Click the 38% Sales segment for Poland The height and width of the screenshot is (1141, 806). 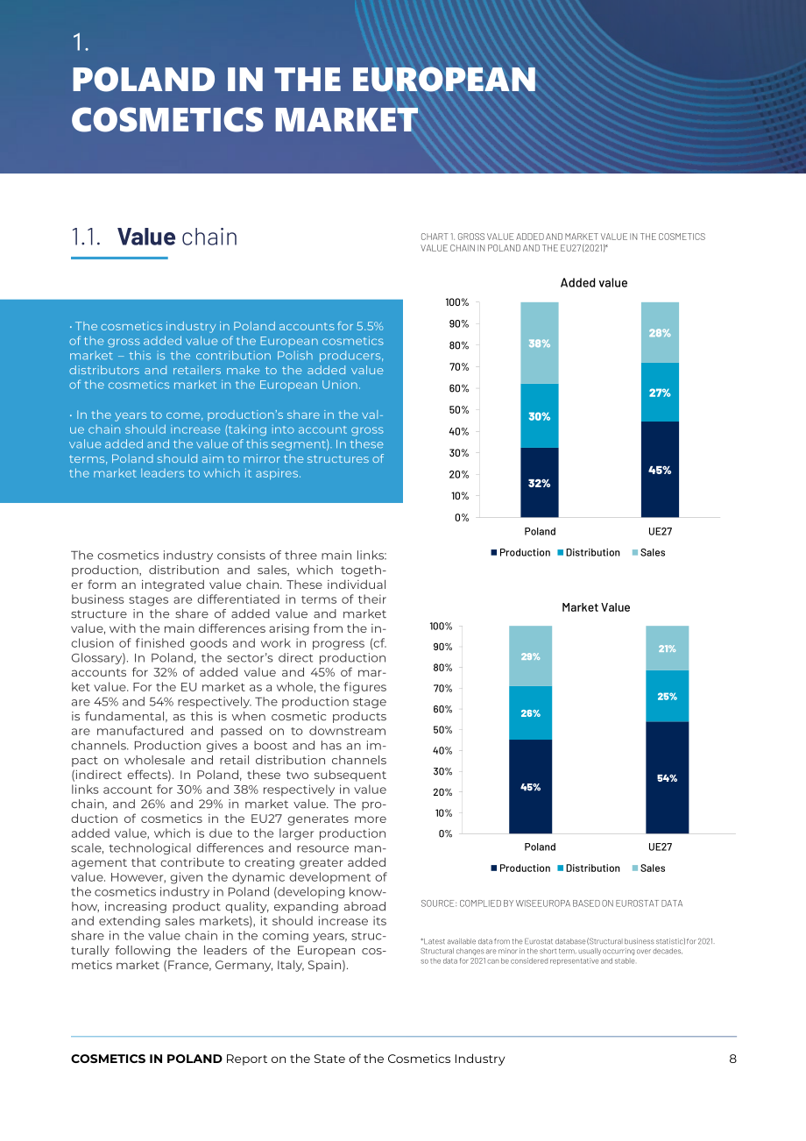point(539,343)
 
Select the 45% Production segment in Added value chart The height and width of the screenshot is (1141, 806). point(660,469)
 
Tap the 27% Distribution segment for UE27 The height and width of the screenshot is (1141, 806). point(660,393)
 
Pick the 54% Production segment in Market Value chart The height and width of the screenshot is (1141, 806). point(667,777)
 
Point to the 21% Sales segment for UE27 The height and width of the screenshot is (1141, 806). point(667,648)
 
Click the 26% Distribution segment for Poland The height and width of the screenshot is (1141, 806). point(531,712)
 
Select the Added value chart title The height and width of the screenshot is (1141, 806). point(594,283)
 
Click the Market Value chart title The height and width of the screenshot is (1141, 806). point(596,607)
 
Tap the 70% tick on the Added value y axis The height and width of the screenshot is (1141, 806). point(459,366)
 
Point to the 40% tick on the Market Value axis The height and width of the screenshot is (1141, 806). point(442,750)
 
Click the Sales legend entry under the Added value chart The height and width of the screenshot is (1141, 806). point(648,553)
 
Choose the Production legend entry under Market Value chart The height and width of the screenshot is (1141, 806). point(520,868)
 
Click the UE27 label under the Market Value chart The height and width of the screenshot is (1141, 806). point(660,847)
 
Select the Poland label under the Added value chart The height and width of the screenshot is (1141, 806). point(540,531)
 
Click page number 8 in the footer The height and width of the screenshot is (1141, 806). point(732,1059)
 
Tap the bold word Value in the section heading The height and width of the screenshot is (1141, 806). point(146,237)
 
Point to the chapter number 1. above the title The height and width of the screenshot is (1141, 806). point(81,42)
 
